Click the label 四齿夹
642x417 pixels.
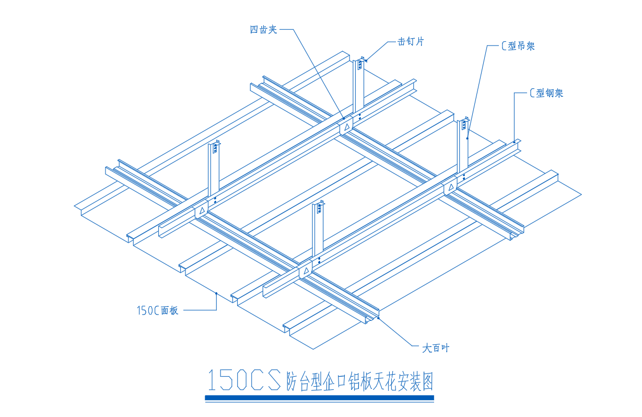point(263,30)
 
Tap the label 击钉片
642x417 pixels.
point(411,42)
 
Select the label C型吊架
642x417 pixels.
point(518,46)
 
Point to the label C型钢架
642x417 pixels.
point(546,93)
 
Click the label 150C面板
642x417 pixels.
point(158,310)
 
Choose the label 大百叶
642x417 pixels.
point(436,348)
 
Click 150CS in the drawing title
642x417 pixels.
point(244,380)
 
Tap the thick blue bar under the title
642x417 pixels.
point(319,398)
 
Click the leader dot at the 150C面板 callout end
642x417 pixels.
point(216,293)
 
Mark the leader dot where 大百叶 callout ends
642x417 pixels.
point(378,318)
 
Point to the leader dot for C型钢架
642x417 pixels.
point(514,142)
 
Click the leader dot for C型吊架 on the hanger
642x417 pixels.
point(468,138)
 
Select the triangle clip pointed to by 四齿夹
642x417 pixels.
point(347,126)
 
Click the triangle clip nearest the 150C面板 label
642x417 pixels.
point(306,271)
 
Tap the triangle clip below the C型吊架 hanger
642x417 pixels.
point(451,188)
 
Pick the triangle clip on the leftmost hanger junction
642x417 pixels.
point(202,211)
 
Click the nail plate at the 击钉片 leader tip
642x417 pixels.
point(360,63)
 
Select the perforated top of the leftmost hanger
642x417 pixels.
point(215,147)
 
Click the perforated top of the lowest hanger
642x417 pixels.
point(319,207)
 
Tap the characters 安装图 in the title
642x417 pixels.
point(416,381)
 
